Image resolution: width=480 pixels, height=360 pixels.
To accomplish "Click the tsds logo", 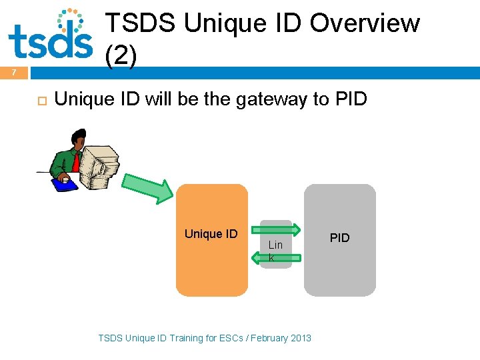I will point(51,35).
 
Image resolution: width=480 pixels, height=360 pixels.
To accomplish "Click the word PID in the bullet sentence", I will point(351,99).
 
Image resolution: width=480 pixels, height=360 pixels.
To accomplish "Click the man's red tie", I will point(77,162).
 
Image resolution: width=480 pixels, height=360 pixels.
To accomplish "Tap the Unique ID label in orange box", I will point(211,234).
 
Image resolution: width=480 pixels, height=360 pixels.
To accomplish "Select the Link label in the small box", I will point(275,251).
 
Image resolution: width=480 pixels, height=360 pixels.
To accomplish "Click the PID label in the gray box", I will point(340,238).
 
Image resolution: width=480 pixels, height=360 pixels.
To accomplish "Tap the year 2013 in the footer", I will point(300,338).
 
